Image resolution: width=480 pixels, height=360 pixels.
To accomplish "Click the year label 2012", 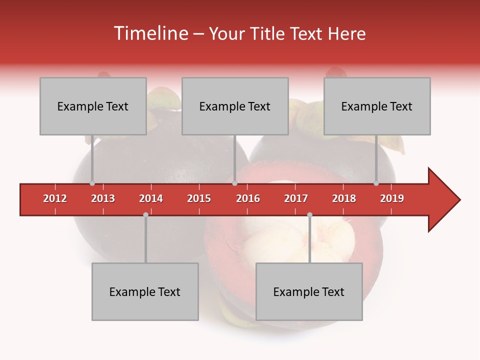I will click(x=55, y=198).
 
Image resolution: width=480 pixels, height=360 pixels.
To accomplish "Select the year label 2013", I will click(x=103, y=198).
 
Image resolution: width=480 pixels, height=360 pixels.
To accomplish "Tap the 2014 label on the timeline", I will click(x=151, y=198).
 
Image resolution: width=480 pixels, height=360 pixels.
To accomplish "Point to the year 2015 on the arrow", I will click(x=199, y=198).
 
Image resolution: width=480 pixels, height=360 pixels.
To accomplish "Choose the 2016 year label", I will click(x=248, y=198).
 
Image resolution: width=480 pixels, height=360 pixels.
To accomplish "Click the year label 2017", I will click(x=296, y=198).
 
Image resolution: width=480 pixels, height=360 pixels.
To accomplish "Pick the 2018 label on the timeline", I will click(x=344, y=198).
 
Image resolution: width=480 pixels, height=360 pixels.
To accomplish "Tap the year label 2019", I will click(x=392, y=198).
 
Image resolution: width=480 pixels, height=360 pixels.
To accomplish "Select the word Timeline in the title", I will click(x=150, y=33).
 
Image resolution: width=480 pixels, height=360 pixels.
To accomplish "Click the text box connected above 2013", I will click(x=93, y=106).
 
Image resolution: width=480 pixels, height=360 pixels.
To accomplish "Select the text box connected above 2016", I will click(x=235, y=106).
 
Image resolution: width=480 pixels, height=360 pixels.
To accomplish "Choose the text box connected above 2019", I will click(x=377, y=106).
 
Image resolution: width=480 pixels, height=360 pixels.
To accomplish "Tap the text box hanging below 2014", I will click(x=145, y=291).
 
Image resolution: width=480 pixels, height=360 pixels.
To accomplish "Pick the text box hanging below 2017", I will click(x=309, y=291).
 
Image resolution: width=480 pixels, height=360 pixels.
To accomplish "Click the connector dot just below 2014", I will click(x=145, y=214).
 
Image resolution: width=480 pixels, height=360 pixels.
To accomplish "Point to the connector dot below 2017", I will click(x=309, y=214).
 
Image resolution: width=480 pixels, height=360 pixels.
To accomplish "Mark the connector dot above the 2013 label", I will click(x=92, y=183).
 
